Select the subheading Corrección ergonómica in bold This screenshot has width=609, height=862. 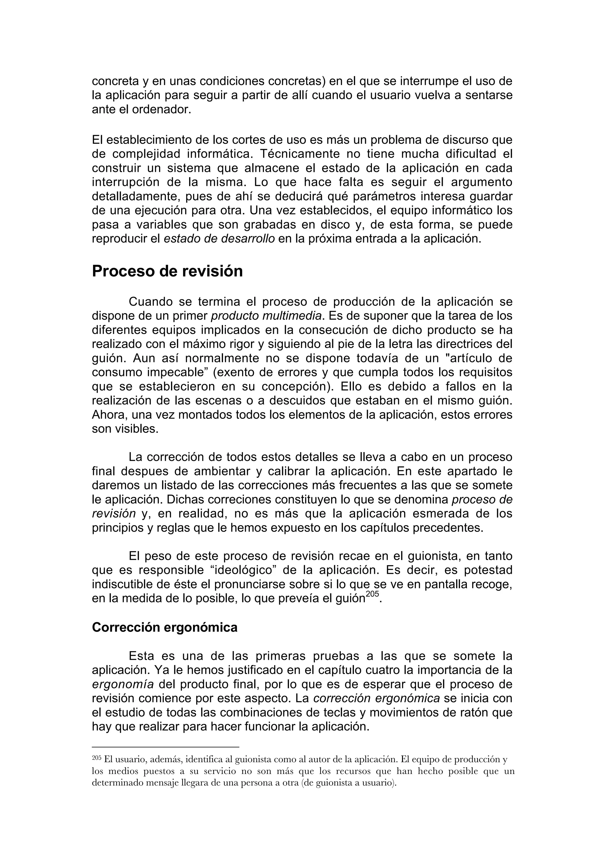[164, 628]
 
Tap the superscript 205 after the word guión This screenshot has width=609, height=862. [373, 593]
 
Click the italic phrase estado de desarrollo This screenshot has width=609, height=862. [219, 239]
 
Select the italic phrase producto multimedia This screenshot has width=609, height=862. [266, 316]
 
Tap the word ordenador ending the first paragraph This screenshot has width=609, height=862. [159, 110]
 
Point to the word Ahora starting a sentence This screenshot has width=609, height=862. [109, 415]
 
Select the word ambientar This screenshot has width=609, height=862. [221, 471]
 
